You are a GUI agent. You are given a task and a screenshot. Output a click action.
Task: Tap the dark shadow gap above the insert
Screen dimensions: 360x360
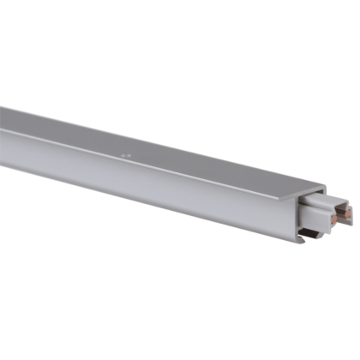[310, 199]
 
